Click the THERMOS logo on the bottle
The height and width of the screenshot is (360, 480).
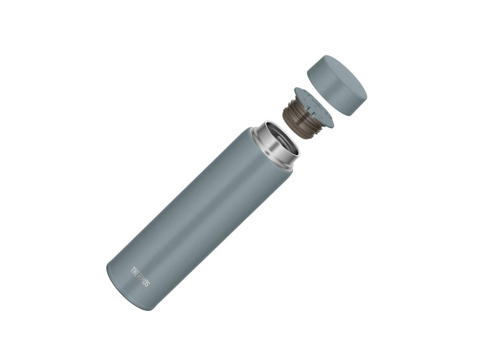140,277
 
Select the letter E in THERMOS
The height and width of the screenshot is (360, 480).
137,274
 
